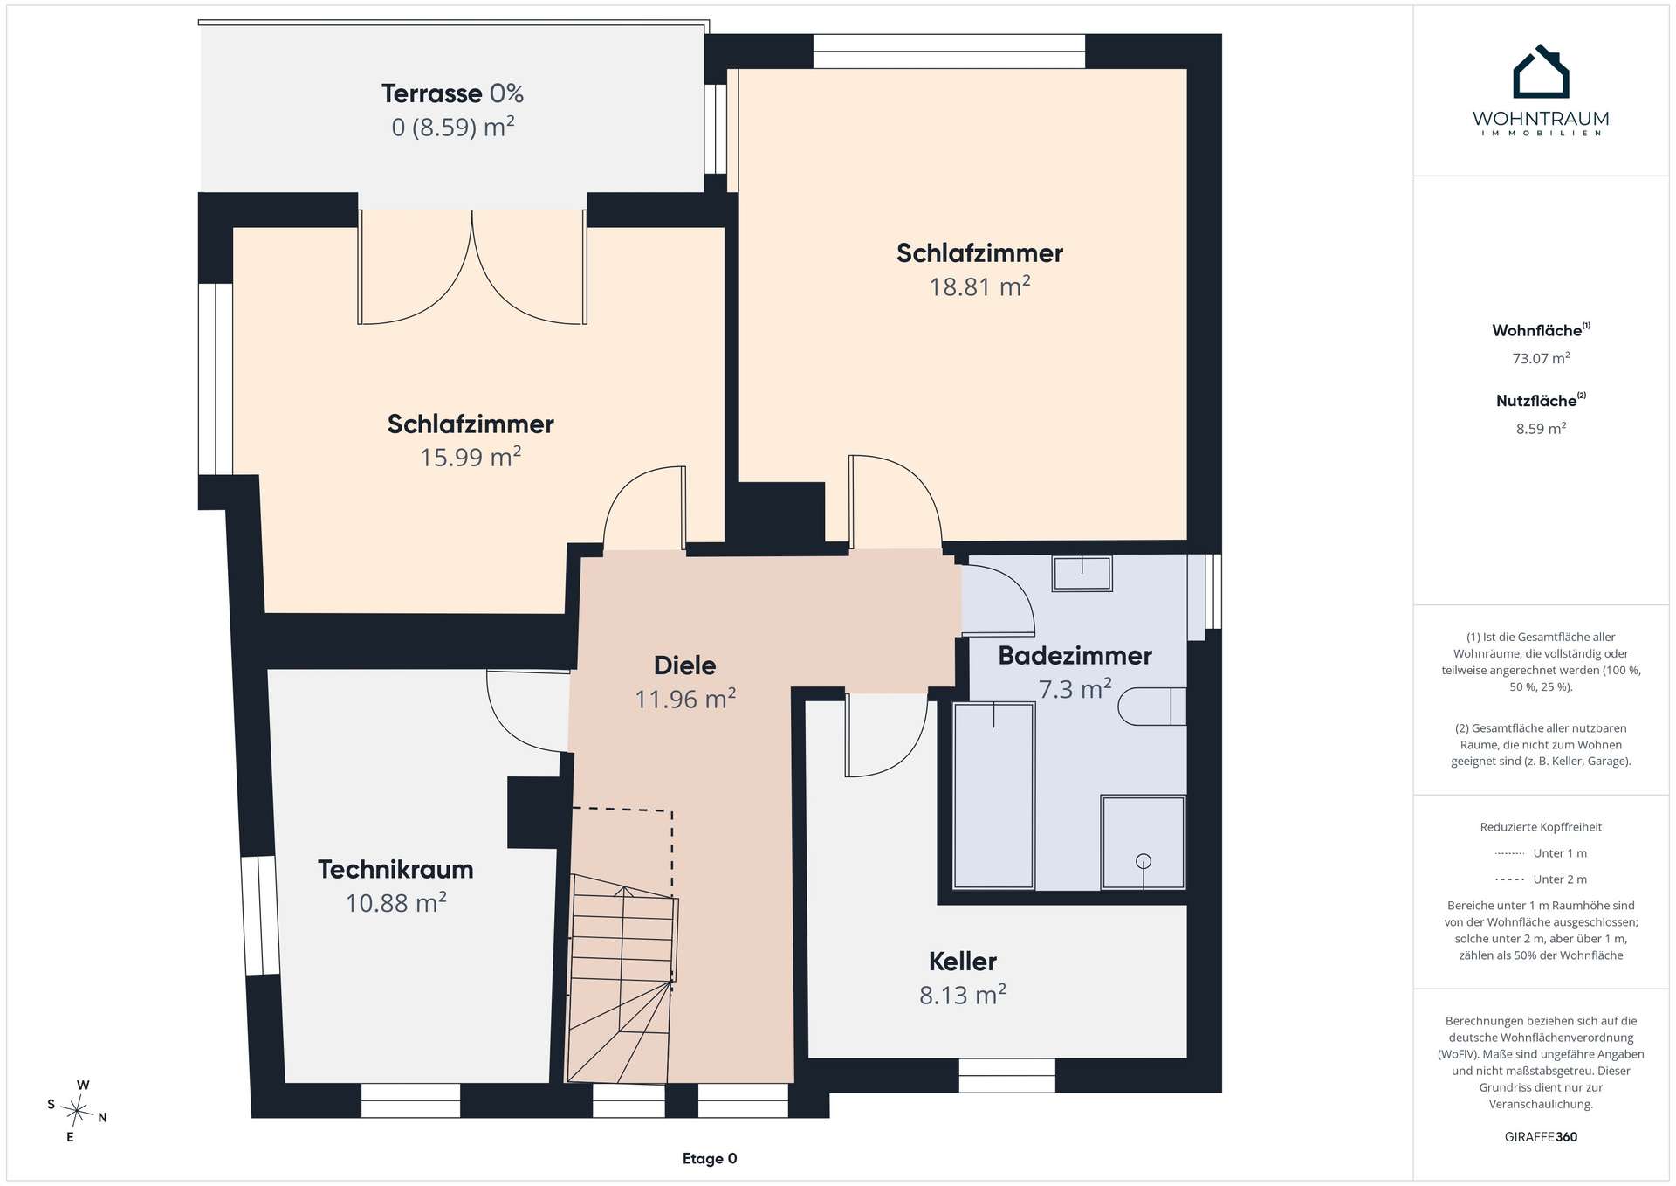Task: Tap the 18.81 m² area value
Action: tap(979, 286)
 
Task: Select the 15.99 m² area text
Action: tap(471, 457)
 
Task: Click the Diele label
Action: tap(685, 665)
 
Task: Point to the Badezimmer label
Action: tap(1075, 656)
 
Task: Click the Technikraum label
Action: tap(395, 870)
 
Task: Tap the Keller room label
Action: tap(962, 962)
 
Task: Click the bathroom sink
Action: tap(1082, 573)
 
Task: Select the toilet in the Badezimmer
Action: tap(1151, 707)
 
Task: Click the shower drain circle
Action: tap(1144, 861)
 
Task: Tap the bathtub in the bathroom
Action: tap(994, 796)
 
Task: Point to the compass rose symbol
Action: tap(77, 1112)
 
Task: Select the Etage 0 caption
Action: tap(710, 1159)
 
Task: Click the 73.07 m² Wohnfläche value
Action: tap(1541, 358)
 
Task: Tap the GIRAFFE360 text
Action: tap(1541, 1137)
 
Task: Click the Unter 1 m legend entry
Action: tap(1541, 853)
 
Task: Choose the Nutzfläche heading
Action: tap(1541, 401)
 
